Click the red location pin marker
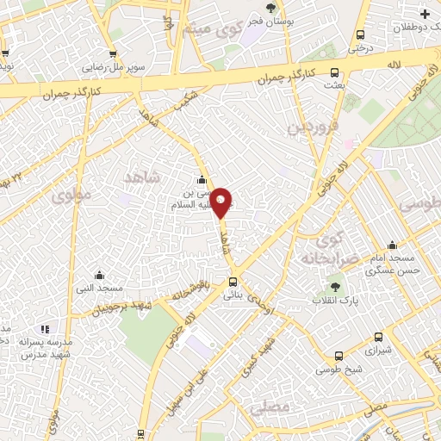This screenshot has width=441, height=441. [221, 202]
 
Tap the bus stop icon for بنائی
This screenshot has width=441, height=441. [233, 283]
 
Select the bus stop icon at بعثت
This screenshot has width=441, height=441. [335, 73]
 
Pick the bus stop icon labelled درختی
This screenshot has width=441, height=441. [361, 35]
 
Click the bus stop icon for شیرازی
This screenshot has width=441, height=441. [378, 339]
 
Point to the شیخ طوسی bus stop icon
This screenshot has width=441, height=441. [339, 355]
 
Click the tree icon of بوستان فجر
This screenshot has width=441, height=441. [270, 8]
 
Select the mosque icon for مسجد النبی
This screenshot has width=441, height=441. [99, 275]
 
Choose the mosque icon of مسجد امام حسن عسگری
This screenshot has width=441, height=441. [393, 245]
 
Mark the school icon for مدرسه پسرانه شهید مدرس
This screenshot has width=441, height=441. [45, 328]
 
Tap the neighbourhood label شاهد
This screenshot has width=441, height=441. [142, 177]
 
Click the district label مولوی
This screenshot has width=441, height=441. [71, 196]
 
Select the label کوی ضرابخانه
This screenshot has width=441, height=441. [323, 248]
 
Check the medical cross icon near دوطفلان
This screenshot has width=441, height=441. [424, 14]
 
